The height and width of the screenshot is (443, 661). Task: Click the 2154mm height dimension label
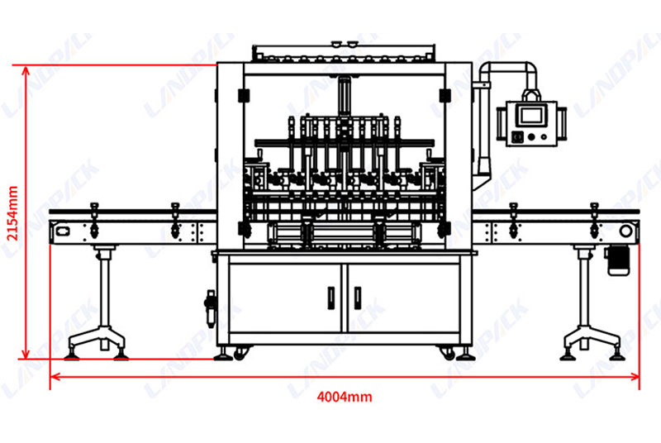(12, 213)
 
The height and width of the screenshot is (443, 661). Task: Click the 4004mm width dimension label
(345, 397)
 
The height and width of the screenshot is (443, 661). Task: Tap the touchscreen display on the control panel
(531, 115)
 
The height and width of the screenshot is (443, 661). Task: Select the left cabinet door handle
(331, 298)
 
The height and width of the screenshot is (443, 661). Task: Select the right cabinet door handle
(358, 298)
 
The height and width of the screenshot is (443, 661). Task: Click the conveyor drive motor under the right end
(617, 260)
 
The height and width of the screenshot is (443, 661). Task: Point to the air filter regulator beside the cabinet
(211, 308)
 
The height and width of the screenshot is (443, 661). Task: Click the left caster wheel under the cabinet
(240, 354)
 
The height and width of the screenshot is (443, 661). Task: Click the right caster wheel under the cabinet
(448, 354)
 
